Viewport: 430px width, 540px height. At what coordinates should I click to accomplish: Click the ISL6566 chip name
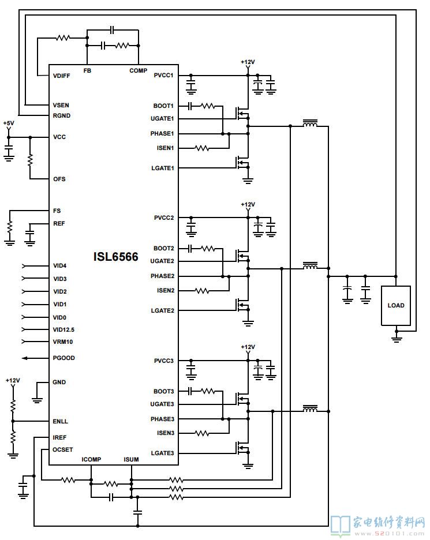(x=116, y=257)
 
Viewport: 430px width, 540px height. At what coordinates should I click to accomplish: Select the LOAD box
(x=396, y=305)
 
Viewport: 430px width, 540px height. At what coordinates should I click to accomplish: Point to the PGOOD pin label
(x=64, y=358)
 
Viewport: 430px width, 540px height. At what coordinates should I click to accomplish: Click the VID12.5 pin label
(x=64, y=330)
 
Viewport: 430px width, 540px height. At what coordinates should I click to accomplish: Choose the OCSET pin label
(x=63, y=449)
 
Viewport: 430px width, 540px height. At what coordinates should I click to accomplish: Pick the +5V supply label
(x=9, y=123)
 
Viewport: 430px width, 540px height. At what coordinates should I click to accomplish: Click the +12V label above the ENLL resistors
(x=13, y=381)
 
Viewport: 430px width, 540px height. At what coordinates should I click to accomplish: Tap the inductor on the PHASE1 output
(x=311, y=125)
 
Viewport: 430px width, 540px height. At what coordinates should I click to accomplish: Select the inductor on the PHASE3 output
(x=311, y=410)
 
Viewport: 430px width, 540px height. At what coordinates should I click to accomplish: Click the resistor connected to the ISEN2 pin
(x=202, y=291)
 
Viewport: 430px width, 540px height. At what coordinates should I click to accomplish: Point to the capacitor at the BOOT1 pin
(x=190, y=106)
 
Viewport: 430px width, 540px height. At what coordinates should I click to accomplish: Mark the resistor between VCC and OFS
(x=30, y=160)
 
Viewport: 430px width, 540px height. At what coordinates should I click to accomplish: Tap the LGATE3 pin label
(x=162, y=453)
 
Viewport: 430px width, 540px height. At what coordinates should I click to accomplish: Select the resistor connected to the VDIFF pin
(x=63, y=39)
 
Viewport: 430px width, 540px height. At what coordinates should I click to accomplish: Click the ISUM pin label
(x=131, y=460)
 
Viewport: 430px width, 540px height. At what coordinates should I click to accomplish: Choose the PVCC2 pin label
(x=164, y=218)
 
